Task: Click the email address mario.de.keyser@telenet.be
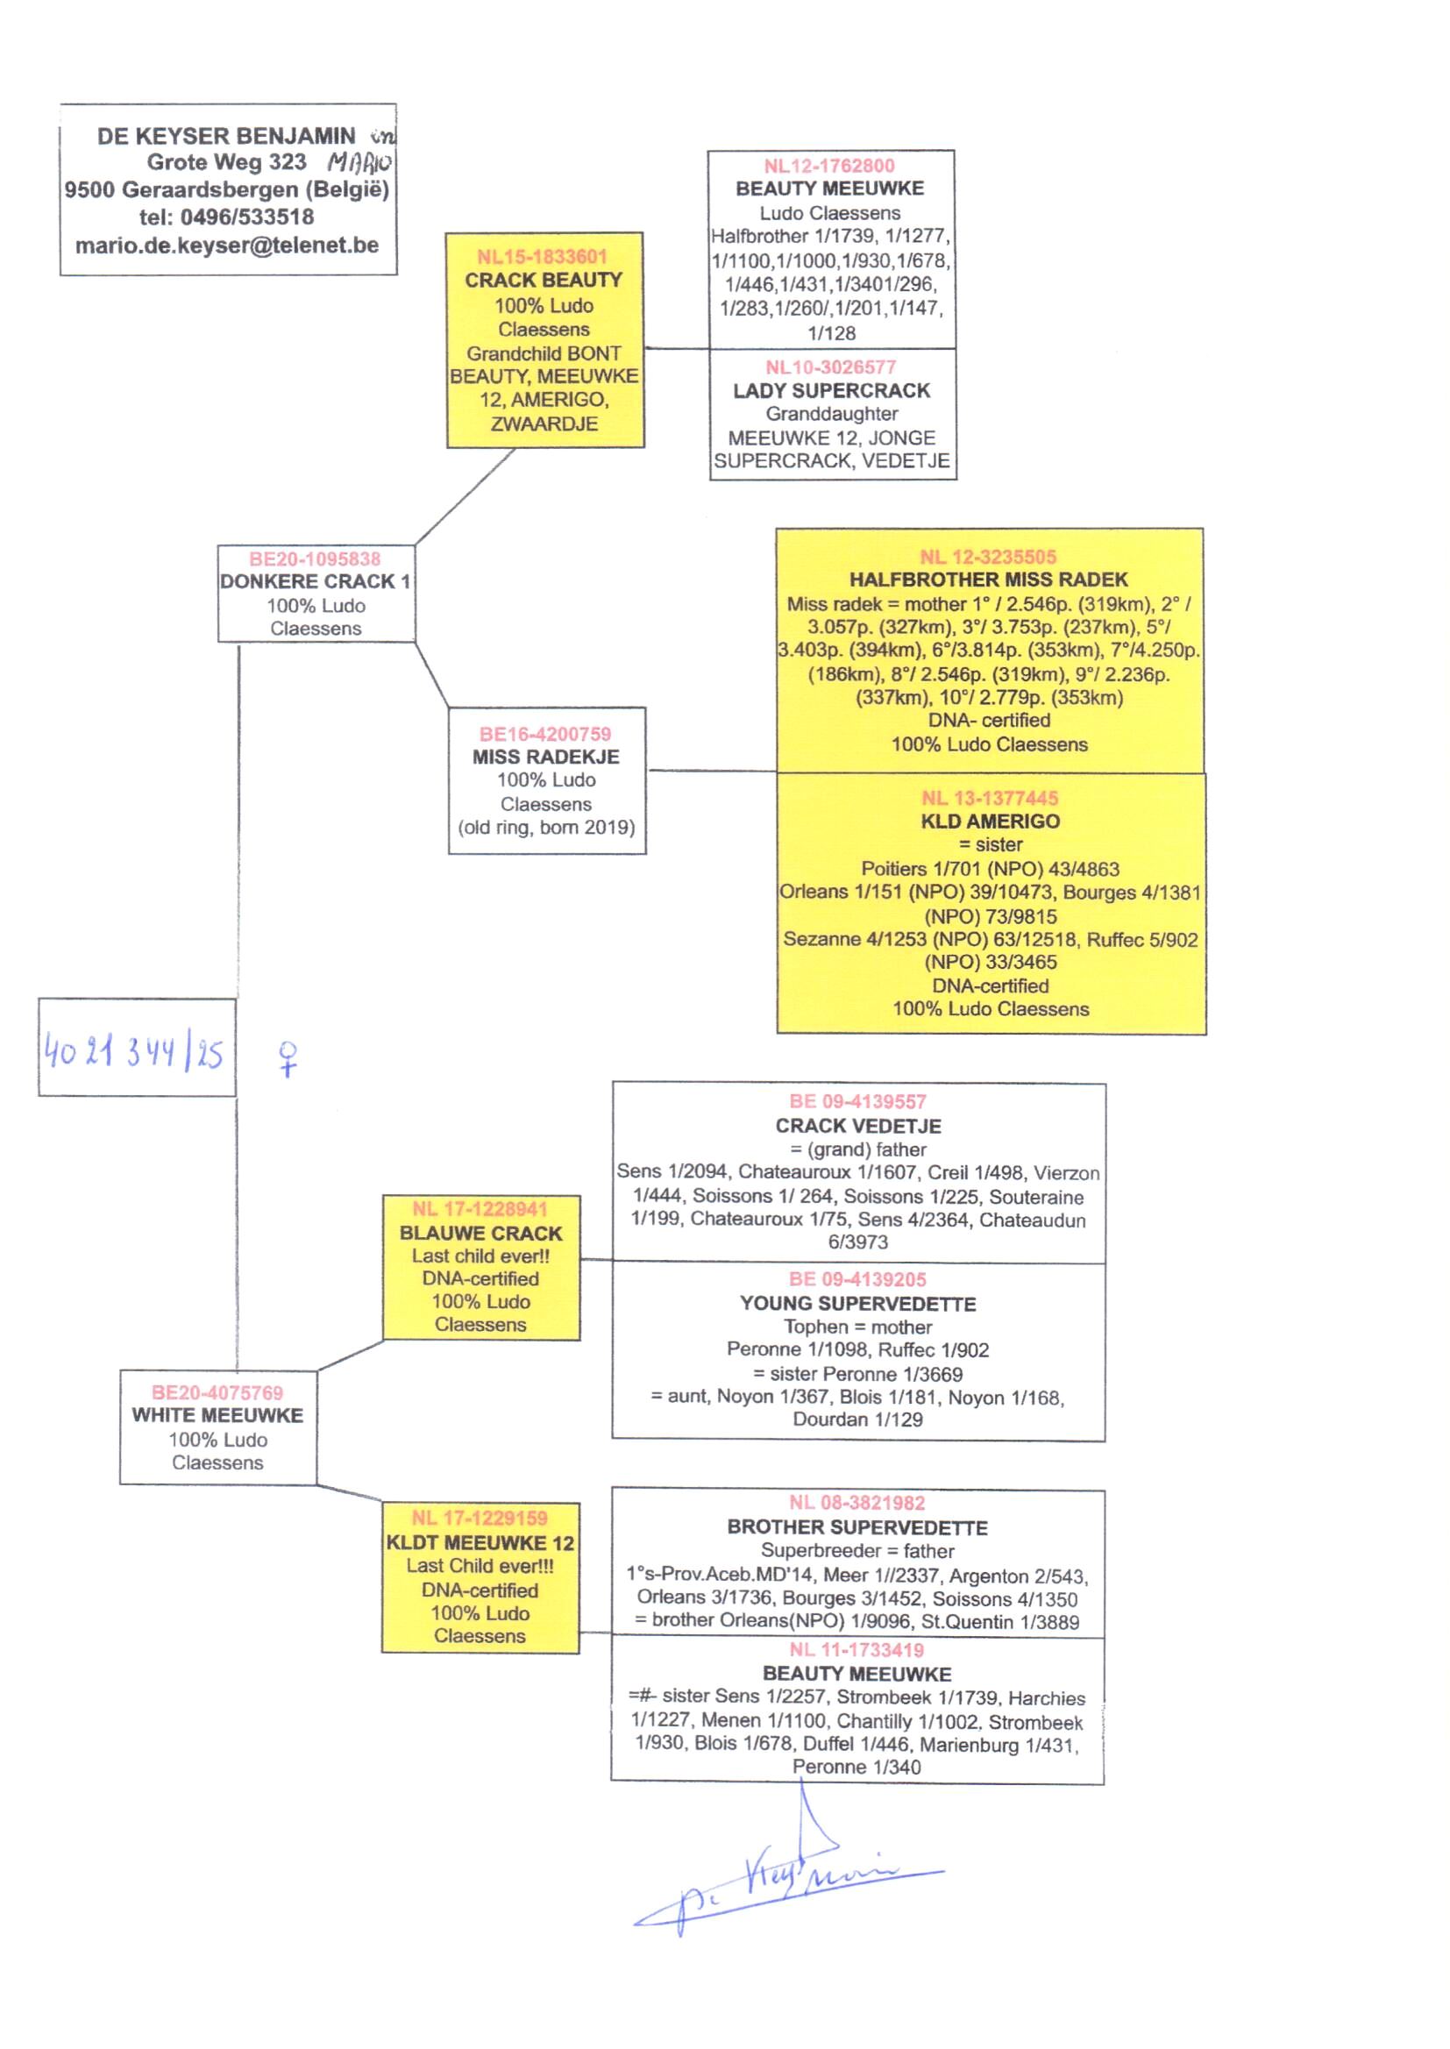[227, 245]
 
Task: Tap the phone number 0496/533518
[246, 217]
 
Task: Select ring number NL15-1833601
[542, 257]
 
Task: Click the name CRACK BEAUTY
[543, 281]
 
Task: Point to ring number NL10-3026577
[830, 367]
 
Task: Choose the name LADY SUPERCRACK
[831, 390]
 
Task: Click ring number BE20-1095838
[315, 558]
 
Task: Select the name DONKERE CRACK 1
[316, 581]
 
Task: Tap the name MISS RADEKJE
[545, 757]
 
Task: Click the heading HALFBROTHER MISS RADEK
[988, 580]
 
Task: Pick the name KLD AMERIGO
[990, 822]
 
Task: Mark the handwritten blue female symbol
[288, 1059]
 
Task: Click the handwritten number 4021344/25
[134, 1052]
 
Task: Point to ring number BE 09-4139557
[857, 1102]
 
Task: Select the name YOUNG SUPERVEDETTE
[857, 1304]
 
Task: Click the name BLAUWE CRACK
[480, 1233]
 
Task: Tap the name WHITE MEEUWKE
[218, 1415]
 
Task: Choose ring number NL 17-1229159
[480, 1518]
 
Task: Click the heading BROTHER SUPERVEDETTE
[857, 1527]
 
